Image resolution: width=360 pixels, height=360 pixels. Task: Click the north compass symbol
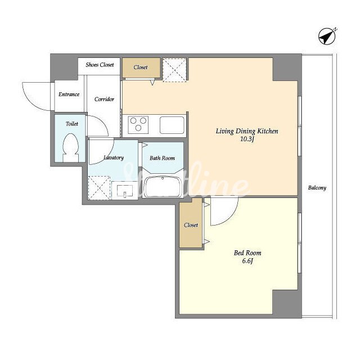point(327,36)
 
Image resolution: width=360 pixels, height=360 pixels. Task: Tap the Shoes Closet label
point(100,65)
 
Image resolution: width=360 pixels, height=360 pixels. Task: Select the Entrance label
point(69,94)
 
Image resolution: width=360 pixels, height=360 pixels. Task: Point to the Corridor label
point(104,99)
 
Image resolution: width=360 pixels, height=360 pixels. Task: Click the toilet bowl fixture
point(71,147)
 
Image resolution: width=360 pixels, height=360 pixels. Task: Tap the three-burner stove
point(138,125)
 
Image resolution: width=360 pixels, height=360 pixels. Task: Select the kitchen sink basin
point(172,125)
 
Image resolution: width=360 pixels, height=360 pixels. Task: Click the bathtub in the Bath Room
point(163,187)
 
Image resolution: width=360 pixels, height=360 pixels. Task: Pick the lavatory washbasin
point(125,191)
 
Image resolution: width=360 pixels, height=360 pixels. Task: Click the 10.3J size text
point(247,139)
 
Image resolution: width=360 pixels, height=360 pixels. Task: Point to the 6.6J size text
point(247,261)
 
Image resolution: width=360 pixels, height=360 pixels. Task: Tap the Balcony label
point(317,188)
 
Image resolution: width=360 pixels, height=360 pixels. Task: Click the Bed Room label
point(247,253)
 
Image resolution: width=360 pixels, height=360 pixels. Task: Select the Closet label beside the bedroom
point(191,225)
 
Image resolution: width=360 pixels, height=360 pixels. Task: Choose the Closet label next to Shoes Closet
point(141,67)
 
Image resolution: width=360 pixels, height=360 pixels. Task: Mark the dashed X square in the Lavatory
point(99,188)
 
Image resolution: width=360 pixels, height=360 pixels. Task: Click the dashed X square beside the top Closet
point(174,70)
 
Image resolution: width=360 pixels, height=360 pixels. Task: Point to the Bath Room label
point(162,158)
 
